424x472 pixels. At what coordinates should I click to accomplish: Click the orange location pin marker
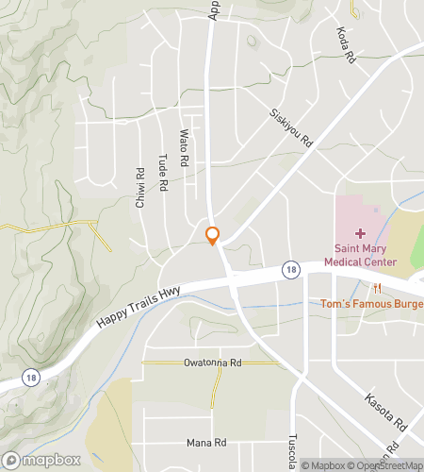213,235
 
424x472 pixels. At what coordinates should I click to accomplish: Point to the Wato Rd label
185,147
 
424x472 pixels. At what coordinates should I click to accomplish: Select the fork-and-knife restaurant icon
377,288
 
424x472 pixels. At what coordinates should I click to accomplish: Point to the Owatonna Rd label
213,362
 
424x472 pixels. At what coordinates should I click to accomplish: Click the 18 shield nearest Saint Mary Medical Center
292,271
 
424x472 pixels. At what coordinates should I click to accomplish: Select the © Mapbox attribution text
323,464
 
